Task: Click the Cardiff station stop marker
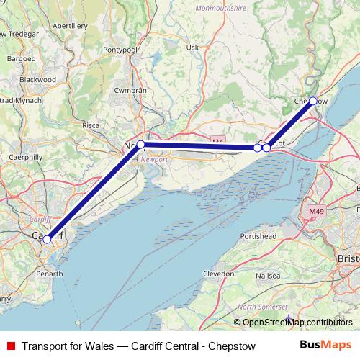click(x=48, y=239)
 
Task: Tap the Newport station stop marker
click(x=140, y=145)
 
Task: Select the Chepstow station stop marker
click(x=312, y=102)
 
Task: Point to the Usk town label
click(x=192, y=48)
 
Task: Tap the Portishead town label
click(x=258, y=235)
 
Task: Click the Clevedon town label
click(x=218, y=274)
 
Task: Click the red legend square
click(x=11, y=345)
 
